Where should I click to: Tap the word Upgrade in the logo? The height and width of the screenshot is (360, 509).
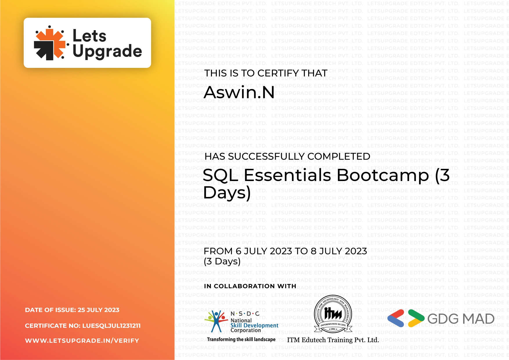pos(107,51)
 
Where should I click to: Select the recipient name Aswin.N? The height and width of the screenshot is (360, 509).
pos(239,93)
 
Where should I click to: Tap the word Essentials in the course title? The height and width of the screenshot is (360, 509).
pos(288,175)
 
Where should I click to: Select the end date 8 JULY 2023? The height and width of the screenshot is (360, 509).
pos(339,251)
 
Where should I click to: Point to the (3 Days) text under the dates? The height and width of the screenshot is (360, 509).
pos(222,261)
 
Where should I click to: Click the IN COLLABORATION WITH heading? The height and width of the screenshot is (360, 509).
pos(250,286)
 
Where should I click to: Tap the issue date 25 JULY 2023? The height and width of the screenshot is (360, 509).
pos(99,310)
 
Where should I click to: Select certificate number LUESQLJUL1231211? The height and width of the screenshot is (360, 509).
pos(111,325)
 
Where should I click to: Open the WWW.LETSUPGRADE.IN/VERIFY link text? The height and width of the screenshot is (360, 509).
pos(82,341)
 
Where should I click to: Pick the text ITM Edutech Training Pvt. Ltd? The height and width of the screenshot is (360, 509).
pos(333,340)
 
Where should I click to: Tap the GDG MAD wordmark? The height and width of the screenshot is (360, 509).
pos(461,319)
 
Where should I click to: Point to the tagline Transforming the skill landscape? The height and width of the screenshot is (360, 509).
pos(241,339)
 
